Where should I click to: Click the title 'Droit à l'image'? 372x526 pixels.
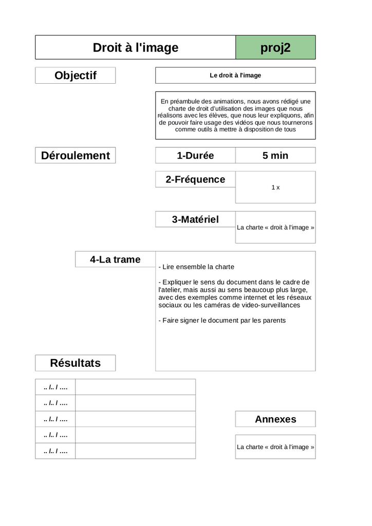click(x=135, y=48)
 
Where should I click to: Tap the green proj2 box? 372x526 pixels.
click(x=275, y=48)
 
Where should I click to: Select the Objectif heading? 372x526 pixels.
click(x=76, y=76)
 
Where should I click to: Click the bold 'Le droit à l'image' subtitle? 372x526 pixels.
click(x=235, y=76)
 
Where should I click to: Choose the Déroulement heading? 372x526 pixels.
click(x=76, y=156)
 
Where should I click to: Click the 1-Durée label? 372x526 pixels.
click(x=195, y=156)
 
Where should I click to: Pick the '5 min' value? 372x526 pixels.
click(x=275, y=156)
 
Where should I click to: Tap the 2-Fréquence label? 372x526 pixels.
click(x=195, y=179)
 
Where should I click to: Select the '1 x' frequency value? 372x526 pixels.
click(x=275, y=187)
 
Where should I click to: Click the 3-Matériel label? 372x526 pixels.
click(x=195, y=219)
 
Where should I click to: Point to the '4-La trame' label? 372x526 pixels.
click(x=115, y=259)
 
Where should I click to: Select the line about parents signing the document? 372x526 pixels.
click(x=224, y=321)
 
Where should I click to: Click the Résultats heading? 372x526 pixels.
click(x=76, y=363)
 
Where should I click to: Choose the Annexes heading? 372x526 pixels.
click(x=275, y=419)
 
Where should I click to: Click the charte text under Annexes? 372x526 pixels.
click(x=275, y=447)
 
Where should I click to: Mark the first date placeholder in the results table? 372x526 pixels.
click(x=55, y=387)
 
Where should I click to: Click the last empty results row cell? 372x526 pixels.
click(x=135, y=451)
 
